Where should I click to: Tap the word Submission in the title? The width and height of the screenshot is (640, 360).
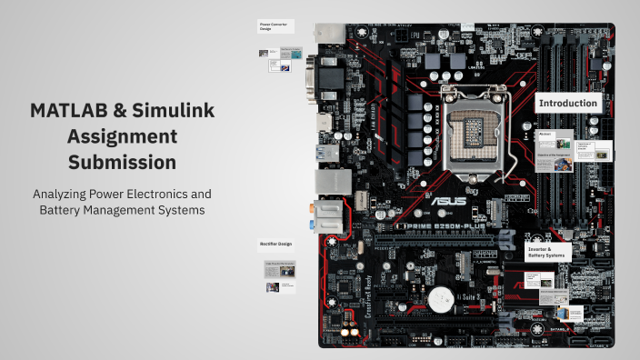tap(122, 163)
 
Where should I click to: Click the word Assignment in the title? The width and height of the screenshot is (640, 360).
tap(122, 136)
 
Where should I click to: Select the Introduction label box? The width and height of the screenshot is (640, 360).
tap(568, 104)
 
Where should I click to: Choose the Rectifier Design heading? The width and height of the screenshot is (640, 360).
tap(274, 243)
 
